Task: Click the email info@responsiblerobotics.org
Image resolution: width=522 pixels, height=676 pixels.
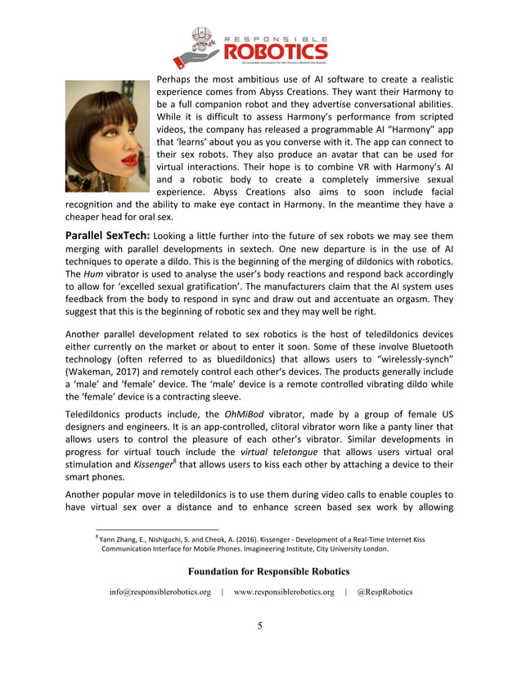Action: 160,592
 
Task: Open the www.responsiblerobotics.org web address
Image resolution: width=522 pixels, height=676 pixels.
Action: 284,592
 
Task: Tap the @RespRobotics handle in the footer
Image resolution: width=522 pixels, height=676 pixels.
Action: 385,592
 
